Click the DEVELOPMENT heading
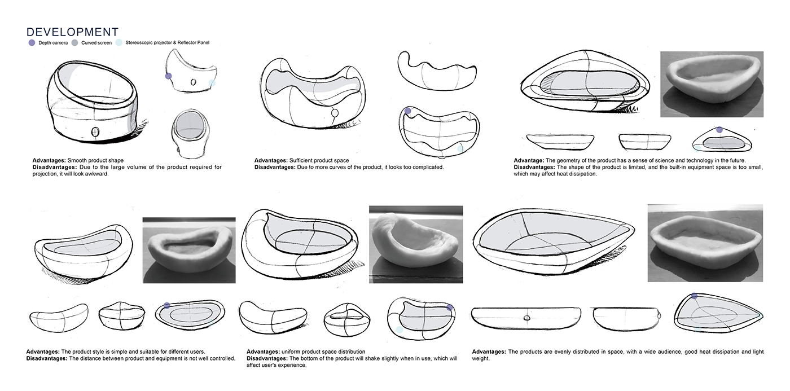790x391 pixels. [x=72, y=32]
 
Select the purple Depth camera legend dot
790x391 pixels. [x=31, y=43]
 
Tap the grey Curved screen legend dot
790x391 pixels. [x=74, y=43]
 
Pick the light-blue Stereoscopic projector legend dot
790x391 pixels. [x=118, y=43]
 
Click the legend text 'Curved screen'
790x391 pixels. [x=96, y=43]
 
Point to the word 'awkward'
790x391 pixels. [x=96, y=174]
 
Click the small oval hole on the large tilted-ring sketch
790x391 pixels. [x=95, y=133]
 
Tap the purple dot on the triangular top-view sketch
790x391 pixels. [x=719, y=130]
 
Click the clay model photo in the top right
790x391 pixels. [x=712, y=85]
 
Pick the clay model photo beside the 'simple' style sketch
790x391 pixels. [x=188, y=250]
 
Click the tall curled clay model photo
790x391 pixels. [x=415, y=244]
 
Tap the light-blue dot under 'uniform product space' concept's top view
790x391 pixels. [x=400, y=330]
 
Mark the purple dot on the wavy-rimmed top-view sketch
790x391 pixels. [x=408, y=111]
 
